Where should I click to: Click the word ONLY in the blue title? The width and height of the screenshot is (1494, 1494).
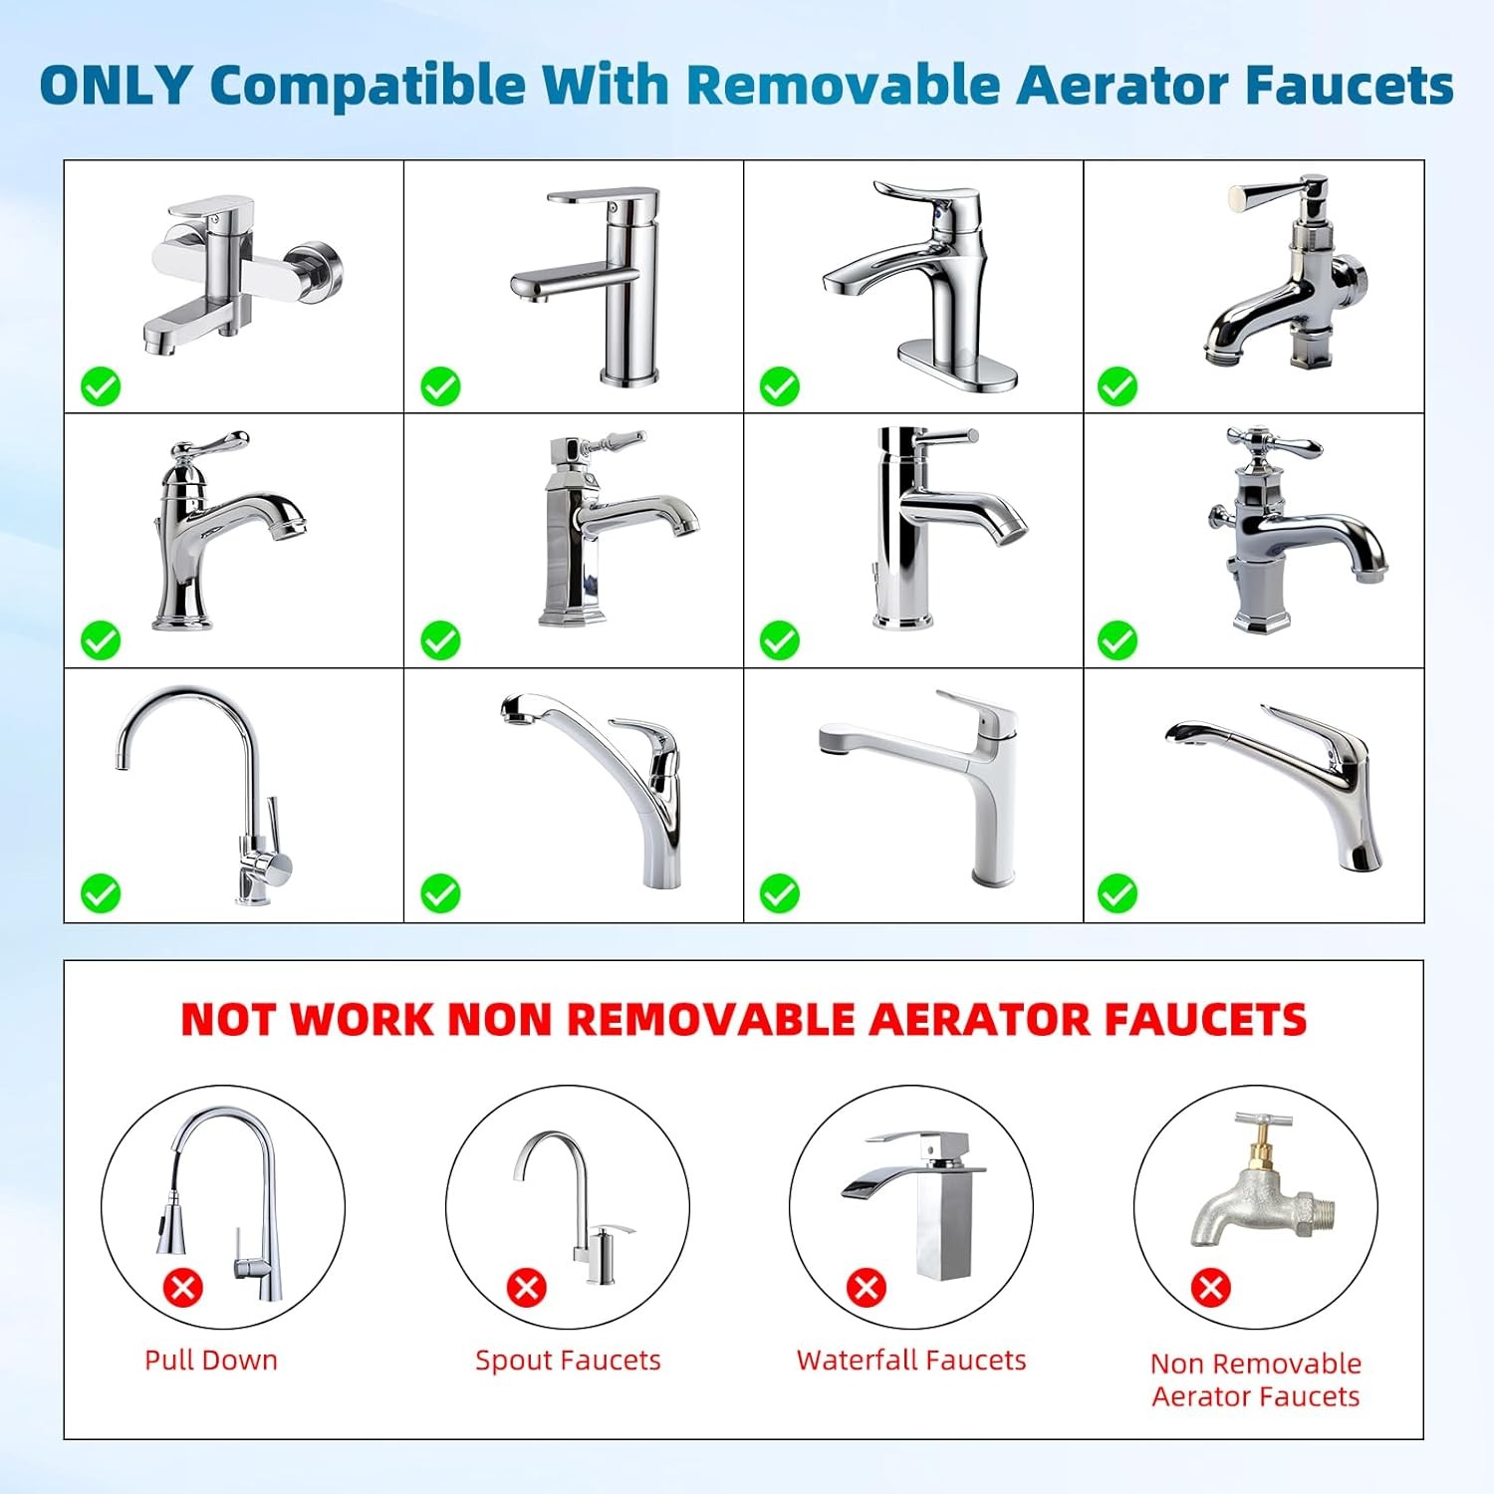(115, 85)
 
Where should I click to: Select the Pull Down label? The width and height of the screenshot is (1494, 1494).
(211, 1361)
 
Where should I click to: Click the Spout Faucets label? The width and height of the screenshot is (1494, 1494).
(568, 1361)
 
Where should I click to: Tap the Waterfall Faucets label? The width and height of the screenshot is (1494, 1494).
(911, 1361)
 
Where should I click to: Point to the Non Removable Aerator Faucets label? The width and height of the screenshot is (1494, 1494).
(1256, 1379)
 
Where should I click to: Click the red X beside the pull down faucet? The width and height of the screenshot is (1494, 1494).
(183, 1287)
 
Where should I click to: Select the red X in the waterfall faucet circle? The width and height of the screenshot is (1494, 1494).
(867, 1287)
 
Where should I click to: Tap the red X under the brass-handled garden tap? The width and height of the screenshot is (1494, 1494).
(1211, 1287)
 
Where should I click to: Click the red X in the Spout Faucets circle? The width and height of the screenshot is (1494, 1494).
(527, 1287)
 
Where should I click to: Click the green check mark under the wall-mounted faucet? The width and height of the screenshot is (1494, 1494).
(101, 386)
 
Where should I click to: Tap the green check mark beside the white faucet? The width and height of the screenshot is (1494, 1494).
(780, 893)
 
